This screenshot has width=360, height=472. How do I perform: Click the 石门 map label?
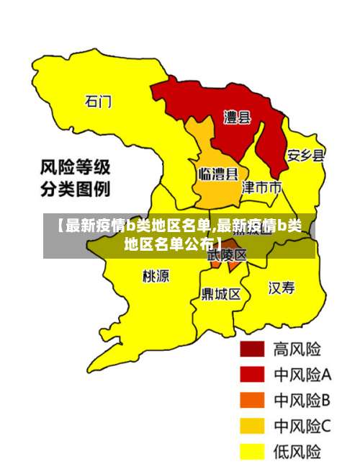pos(98,102)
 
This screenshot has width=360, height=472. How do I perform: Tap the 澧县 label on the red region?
pos(237,117)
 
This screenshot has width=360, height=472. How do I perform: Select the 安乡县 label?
pos(305,155)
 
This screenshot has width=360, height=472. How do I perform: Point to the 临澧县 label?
pos(217,174)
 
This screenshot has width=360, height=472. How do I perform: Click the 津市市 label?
pos(261,187)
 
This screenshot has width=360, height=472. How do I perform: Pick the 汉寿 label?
pos(282,288)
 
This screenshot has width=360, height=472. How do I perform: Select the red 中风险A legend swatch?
pos(251,374)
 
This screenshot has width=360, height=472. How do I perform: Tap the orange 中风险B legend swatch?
pos(251,400)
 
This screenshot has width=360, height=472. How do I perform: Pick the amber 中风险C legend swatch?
pos(251,426)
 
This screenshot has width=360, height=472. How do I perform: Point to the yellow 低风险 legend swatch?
pos(251,452)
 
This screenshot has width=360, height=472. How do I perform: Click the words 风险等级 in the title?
pos(74,169)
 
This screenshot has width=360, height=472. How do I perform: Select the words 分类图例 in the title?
pos(74,190)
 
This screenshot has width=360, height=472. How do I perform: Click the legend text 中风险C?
pos(302,427)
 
